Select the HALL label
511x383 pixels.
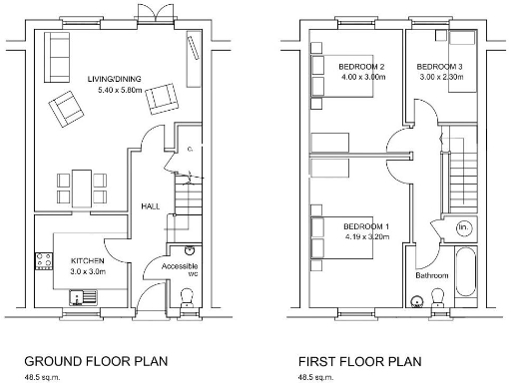pyautogui.click(x=150, y=205)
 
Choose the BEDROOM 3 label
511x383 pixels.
pyautogui.click(x=440, y=67)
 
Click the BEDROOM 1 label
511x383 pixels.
pyautogui.click(x=366, y=227)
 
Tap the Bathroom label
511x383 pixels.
pyautogui.click(x=433, y=275)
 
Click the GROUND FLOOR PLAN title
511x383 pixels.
pyautogui.click(x=96, y=360)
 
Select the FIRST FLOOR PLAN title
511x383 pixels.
pyautogui.click(x=361, y=360)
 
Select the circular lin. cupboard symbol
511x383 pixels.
pyautogui.click(x=463, y=228)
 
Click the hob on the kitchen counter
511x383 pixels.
pyautogui.click(x=45, y=262)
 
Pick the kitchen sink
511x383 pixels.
pyautogui.click(x=78, y=296)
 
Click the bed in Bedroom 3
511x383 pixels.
pyautogui.click(x=462, y=62)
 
